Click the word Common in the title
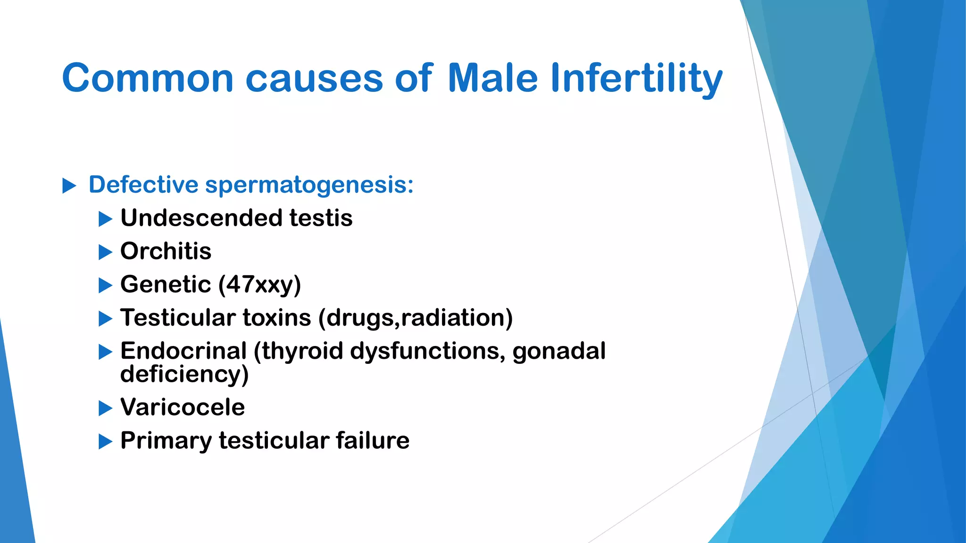tap(148, 78)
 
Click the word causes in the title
tap(314, 78)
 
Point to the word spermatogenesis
tap(309, 185)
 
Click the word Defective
tap(143, 185)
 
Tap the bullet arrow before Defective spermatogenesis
tap(69, 186)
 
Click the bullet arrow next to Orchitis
tap(105, 252)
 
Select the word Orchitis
tap(166, 251)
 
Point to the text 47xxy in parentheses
tap(260, 285)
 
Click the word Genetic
tap(166, 285)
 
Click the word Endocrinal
tap(183, 351)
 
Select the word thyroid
tap(302, 351)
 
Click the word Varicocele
tap(183, 407)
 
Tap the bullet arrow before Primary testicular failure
tap(105, 442)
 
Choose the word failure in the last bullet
tap(372, 441)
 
